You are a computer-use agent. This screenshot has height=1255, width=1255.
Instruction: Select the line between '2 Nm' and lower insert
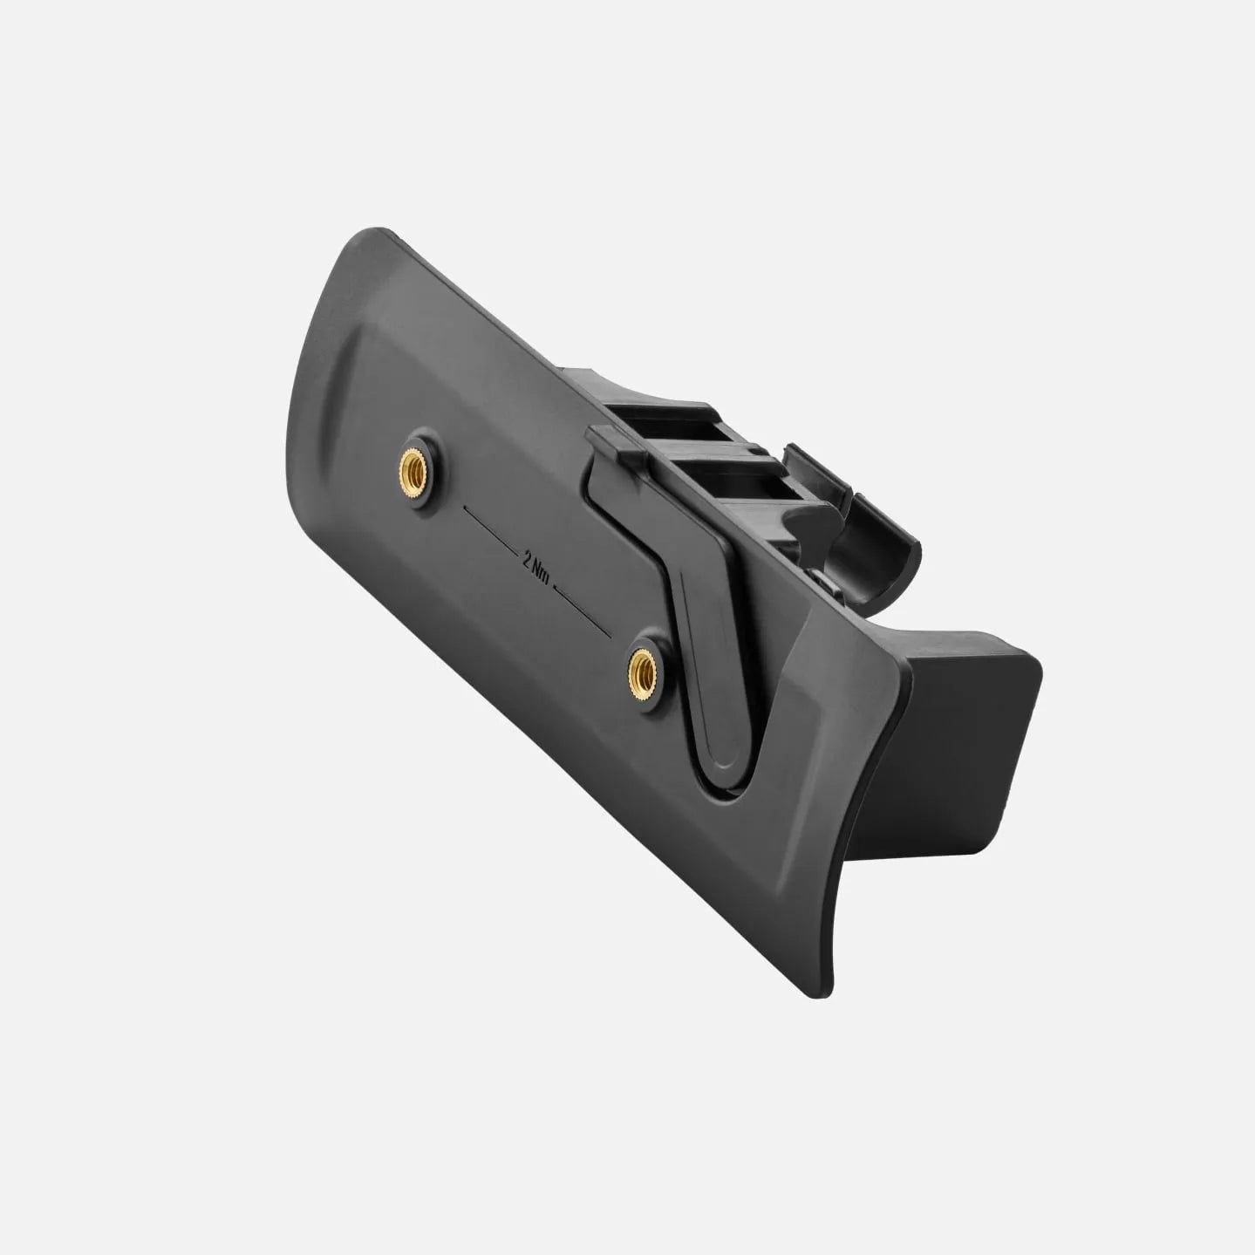click(582, 610)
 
